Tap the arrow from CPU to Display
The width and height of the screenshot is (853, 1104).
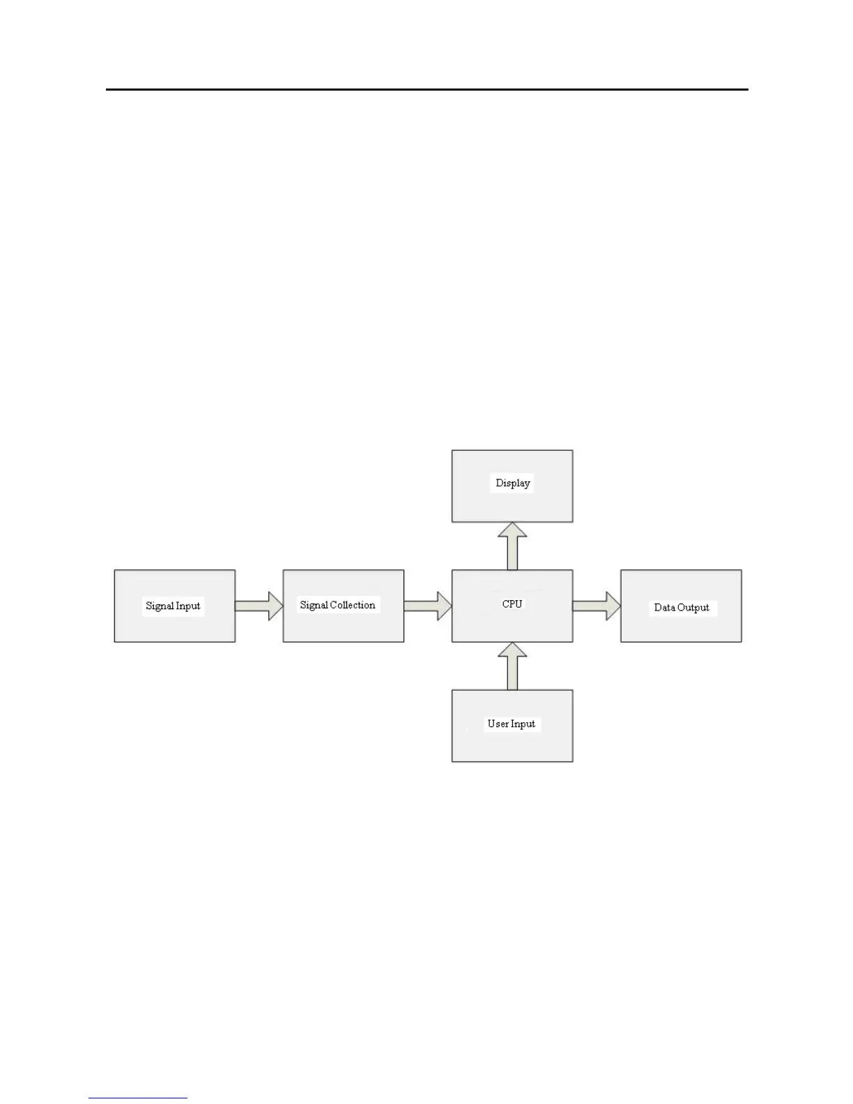point(512,546)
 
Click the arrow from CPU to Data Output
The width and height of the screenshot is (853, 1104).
point(597,606)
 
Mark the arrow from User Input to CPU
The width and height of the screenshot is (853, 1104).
point(512,666)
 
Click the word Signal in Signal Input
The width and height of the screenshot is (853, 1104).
point(159,606)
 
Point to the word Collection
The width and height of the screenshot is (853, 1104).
point(352,605)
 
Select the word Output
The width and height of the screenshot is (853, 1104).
point(693,608)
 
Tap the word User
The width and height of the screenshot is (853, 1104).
point(498,723)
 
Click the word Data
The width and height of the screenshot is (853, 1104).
point(665,608)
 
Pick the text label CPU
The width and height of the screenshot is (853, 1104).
point(512,604)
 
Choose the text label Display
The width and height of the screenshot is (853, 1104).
point(513,483)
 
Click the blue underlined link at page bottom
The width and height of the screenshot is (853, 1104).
point(138,1098)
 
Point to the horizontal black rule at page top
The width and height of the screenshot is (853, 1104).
point(426,89)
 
